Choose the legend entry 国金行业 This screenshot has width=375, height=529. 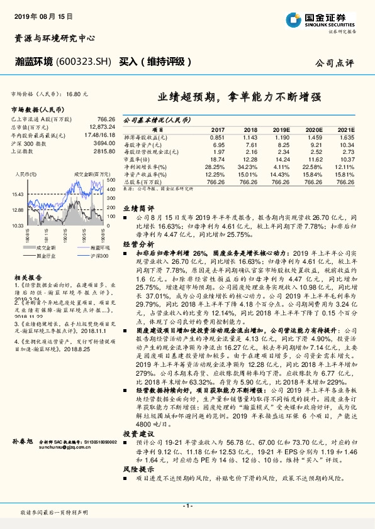tap(45, 256)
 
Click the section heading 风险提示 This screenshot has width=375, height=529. tap(138, 468)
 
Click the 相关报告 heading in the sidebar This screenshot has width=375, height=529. tap(29, 276)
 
